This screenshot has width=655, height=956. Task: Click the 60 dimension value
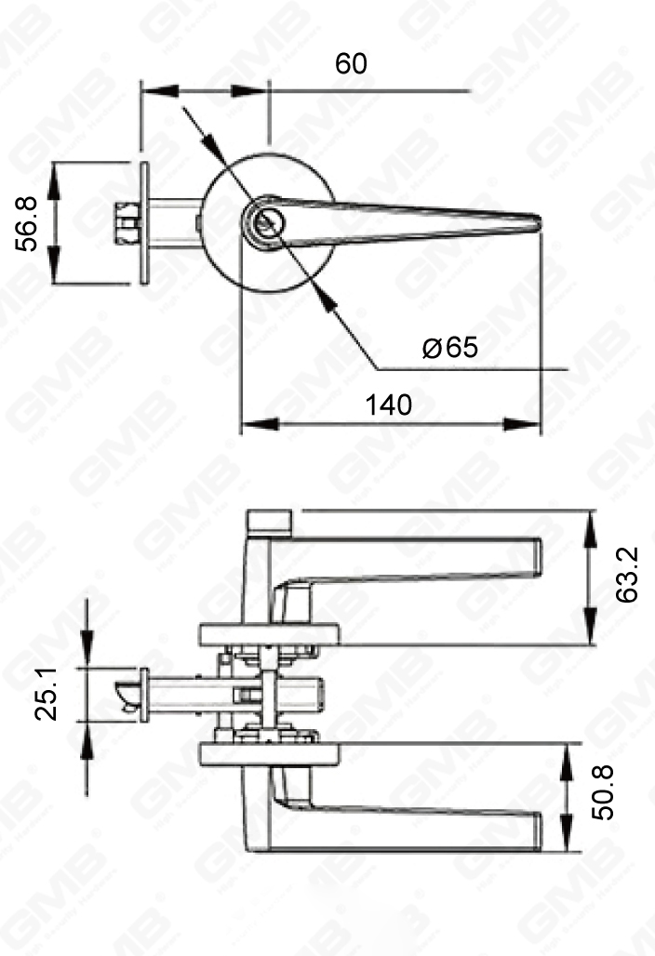(x=352, y=64)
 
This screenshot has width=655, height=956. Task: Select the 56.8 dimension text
(x=28, y=223)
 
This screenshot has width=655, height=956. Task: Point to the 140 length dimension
(x=388, y=405)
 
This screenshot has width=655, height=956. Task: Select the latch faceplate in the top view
(x=146, y=223)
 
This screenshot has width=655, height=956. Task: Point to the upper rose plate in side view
(x=269, y=635)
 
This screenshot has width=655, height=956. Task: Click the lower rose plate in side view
(x=269, y=753)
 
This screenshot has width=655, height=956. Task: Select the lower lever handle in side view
(x=409, y=824)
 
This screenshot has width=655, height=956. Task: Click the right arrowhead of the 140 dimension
(x=532, y=425)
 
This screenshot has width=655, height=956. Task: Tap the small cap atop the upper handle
(x=270, y=521)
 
